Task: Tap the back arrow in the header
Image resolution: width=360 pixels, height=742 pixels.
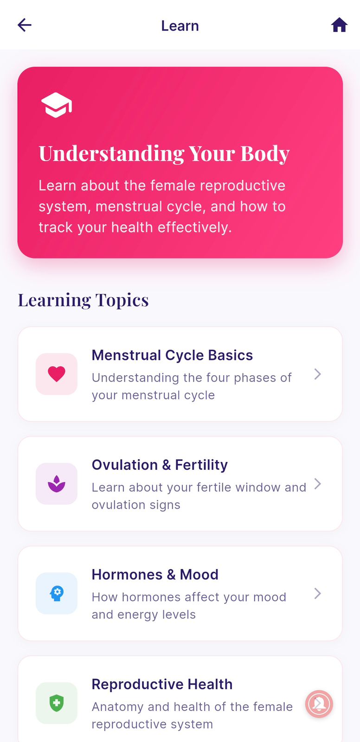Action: pyautogui.click(x=25, y=25)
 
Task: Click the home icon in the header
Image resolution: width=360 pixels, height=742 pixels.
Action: pyautogui.click(x=339, y=25)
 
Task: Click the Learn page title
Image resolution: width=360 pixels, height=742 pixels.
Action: pyautogui.click(x=180, y=26)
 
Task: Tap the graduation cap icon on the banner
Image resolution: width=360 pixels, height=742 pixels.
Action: pyautogui.click(x=57, y=105)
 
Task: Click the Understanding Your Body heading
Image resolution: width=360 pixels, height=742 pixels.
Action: pyautogui.click(x=164, y=154)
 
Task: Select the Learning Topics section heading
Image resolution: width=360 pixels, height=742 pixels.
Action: pyautogui.click(x=84, y=300)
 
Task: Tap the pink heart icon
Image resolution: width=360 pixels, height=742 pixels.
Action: pyautogui.click(x=57, y=374)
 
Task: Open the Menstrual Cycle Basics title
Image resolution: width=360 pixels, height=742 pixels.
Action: pyautogui.click(x=172, y=355)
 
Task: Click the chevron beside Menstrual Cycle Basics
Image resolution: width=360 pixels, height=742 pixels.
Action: pyautogui.click(x=318, y=374)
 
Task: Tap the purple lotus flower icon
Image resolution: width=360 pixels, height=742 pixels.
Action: pyautogui.click(x=57, y=484)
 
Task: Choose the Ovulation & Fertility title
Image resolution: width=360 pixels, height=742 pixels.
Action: pyautogui.click(x=160, y=465)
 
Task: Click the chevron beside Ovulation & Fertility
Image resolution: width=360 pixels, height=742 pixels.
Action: pyautogui.click(x=318, y=484)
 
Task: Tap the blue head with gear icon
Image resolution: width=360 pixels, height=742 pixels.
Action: pyautogui.click(x=57, y=593)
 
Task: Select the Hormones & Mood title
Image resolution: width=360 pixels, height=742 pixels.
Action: pyautogui.click(x=155, y=575)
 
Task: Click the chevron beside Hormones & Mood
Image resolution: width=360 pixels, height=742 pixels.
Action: pyautogui.click(x=318, y=593)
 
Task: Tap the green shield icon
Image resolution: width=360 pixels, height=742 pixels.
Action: pyautogui.click(x=57, y=703)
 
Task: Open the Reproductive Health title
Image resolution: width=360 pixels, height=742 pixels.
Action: pyautogui.click(x=162, y=684)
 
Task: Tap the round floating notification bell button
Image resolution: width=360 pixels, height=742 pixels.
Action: pyautogui.click(x=319, y=704)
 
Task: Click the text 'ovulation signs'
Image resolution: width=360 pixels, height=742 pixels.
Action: pyautogui.click(x=136, y=505)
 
